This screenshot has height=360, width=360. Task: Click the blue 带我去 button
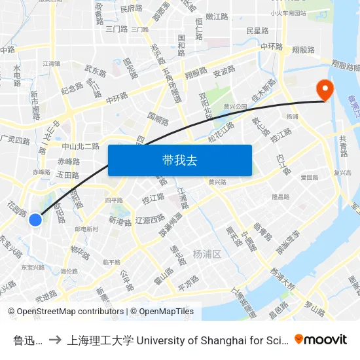[179, 160]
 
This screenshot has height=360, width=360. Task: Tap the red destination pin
[324, 90]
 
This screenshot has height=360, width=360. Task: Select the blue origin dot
[36, 221]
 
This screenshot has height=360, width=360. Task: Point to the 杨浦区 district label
[208, 254]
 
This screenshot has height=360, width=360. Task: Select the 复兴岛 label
[343, 173]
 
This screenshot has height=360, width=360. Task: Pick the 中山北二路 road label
[80, 146]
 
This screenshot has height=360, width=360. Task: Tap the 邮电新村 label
[86, 229]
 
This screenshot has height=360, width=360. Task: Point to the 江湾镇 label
[51, 63]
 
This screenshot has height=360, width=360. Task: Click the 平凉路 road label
[189, 285]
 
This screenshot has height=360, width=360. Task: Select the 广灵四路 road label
[15, 140]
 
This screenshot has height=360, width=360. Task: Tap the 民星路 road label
[257, 30]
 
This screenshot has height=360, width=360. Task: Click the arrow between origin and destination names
[56, 339]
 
